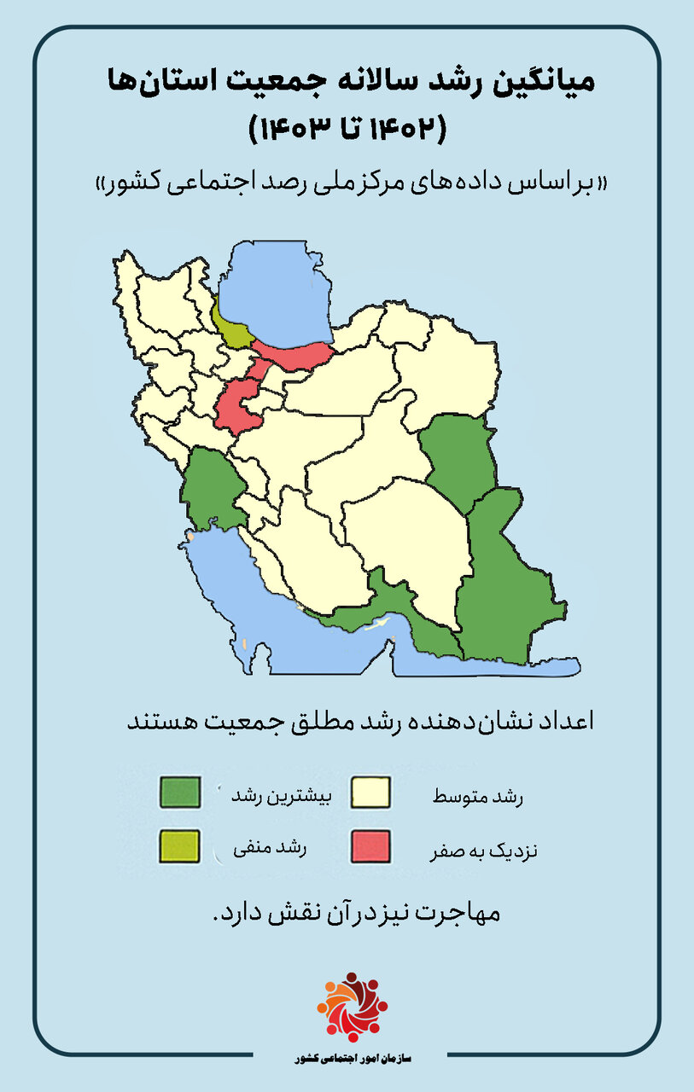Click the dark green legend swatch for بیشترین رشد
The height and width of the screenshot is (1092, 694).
pos(180,792)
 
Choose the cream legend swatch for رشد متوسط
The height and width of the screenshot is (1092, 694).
pos(370,792)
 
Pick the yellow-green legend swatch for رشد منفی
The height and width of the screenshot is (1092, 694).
pos(180,846)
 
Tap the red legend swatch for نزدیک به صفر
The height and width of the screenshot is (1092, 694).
pos(370,846)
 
